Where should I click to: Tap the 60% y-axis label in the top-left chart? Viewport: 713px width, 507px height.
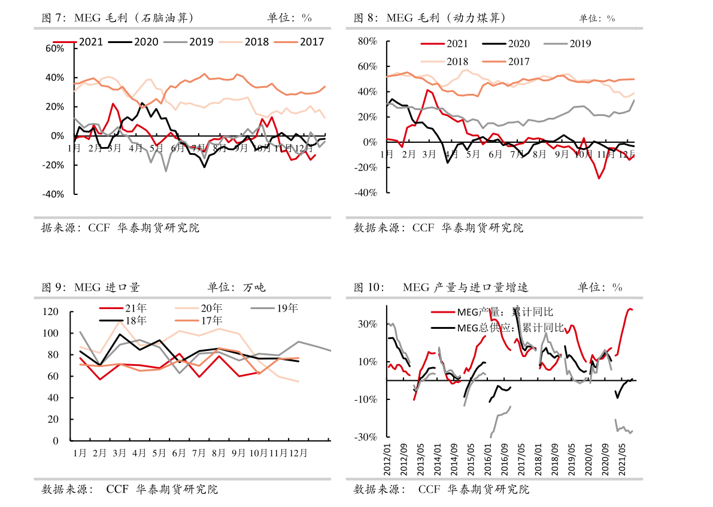tap(55, 48)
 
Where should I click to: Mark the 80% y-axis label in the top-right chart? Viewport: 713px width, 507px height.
tap(366, 41)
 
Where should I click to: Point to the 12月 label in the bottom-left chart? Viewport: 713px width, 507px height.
tap(298, 453)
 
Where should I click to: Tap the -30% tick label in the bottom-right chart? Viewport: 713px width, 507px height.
tap(366, 437)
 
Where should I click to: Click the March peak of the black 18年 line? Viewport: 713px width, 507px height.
tap(120, 334)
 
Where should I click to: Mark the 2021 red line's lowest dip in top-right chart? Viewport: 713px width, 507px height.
tap(599, 178)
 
